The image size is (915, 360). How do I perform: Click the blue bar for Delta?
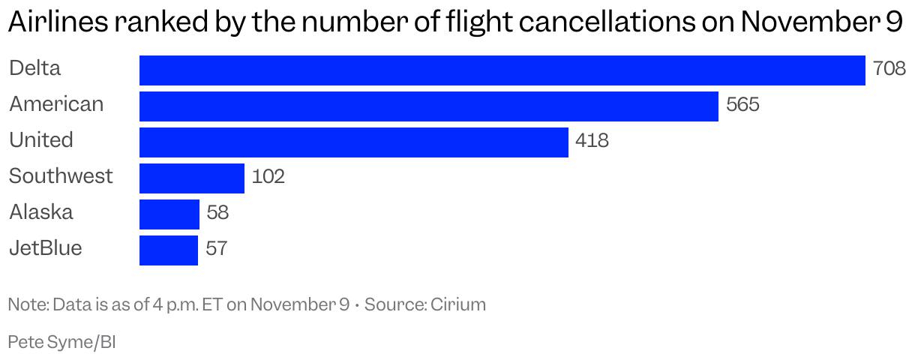click(502, 70)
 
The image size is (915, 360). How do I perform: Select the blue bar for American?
click(429, 106)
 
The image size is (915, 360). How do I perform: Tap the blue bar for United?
click(354, 142)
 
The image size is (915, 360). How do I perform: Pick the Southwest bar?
click(192, 178)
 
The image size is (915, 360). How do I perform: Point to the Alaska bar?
click(169, 214)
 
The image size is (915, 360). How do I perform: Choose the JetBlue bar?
click(169, 250)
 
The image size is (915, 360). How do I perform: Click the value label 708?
click(889, 70)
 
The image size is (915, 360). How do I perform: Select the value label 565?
click(742, 106)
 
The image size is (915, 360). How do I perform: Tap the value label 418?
click(592, 142)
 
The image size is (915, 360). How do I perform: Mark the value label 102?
click(268, 178)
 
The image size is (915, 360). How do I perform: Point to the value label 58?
click(217, 214)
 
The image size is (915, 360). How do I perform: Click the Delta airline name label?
click(34, 68)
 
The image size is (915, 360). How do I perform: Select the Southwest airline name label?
click(61, 176)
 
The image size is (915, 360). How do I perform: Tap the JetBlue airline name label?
click(45, 248)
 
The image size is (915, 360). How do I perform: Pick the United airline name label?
click(41, 140)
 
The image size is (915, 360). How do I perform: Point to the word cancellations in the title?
click(596, 24)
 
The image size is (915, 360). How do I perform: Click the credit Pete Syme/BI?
click(62, 342)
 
